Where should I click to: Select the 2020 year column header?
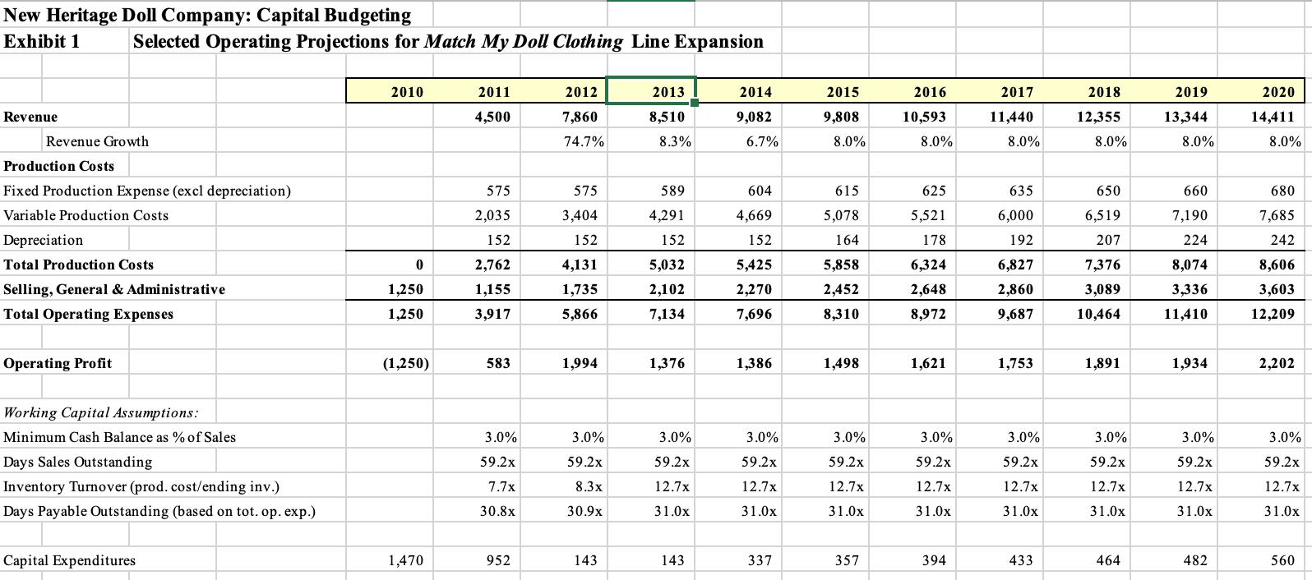click(x=1277, y=92)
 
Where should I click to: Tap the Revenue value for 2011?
click(x=492, y=117)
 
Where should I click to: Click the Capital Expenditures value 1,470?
click(x=405, y=560)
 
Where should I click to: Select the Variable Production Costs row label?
click(x=86, y=215)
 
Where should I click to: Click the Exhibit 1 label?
click(x=42, y=41)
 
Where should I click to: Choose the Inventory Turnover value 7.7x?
click(x=497, y=486)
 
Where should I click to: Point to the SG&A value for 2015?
click(x=843, y=289)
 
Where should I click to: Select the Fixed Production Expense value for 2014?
click(x=759, y=191)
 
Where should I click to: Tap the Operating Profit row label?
click(x=58, y=363)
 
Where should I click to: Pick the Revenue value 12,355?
click(x=1104, y=117)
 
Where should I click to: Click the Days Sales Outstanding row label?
click(x=78, y=462)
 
